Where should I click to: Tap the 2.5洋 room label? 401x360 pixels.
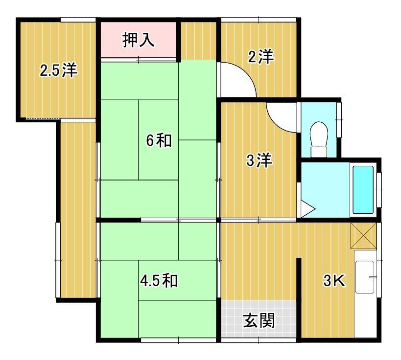tap(58, 71)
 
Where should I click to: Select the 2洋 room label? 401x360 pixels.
tap(260, 58)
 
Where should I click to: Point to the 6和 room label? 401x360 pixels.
tap(159, 140)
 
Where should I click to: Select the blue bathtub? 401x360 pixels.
tap(363, 190)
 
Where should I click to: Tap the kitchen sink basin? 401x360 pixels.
tap(365, 276)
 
